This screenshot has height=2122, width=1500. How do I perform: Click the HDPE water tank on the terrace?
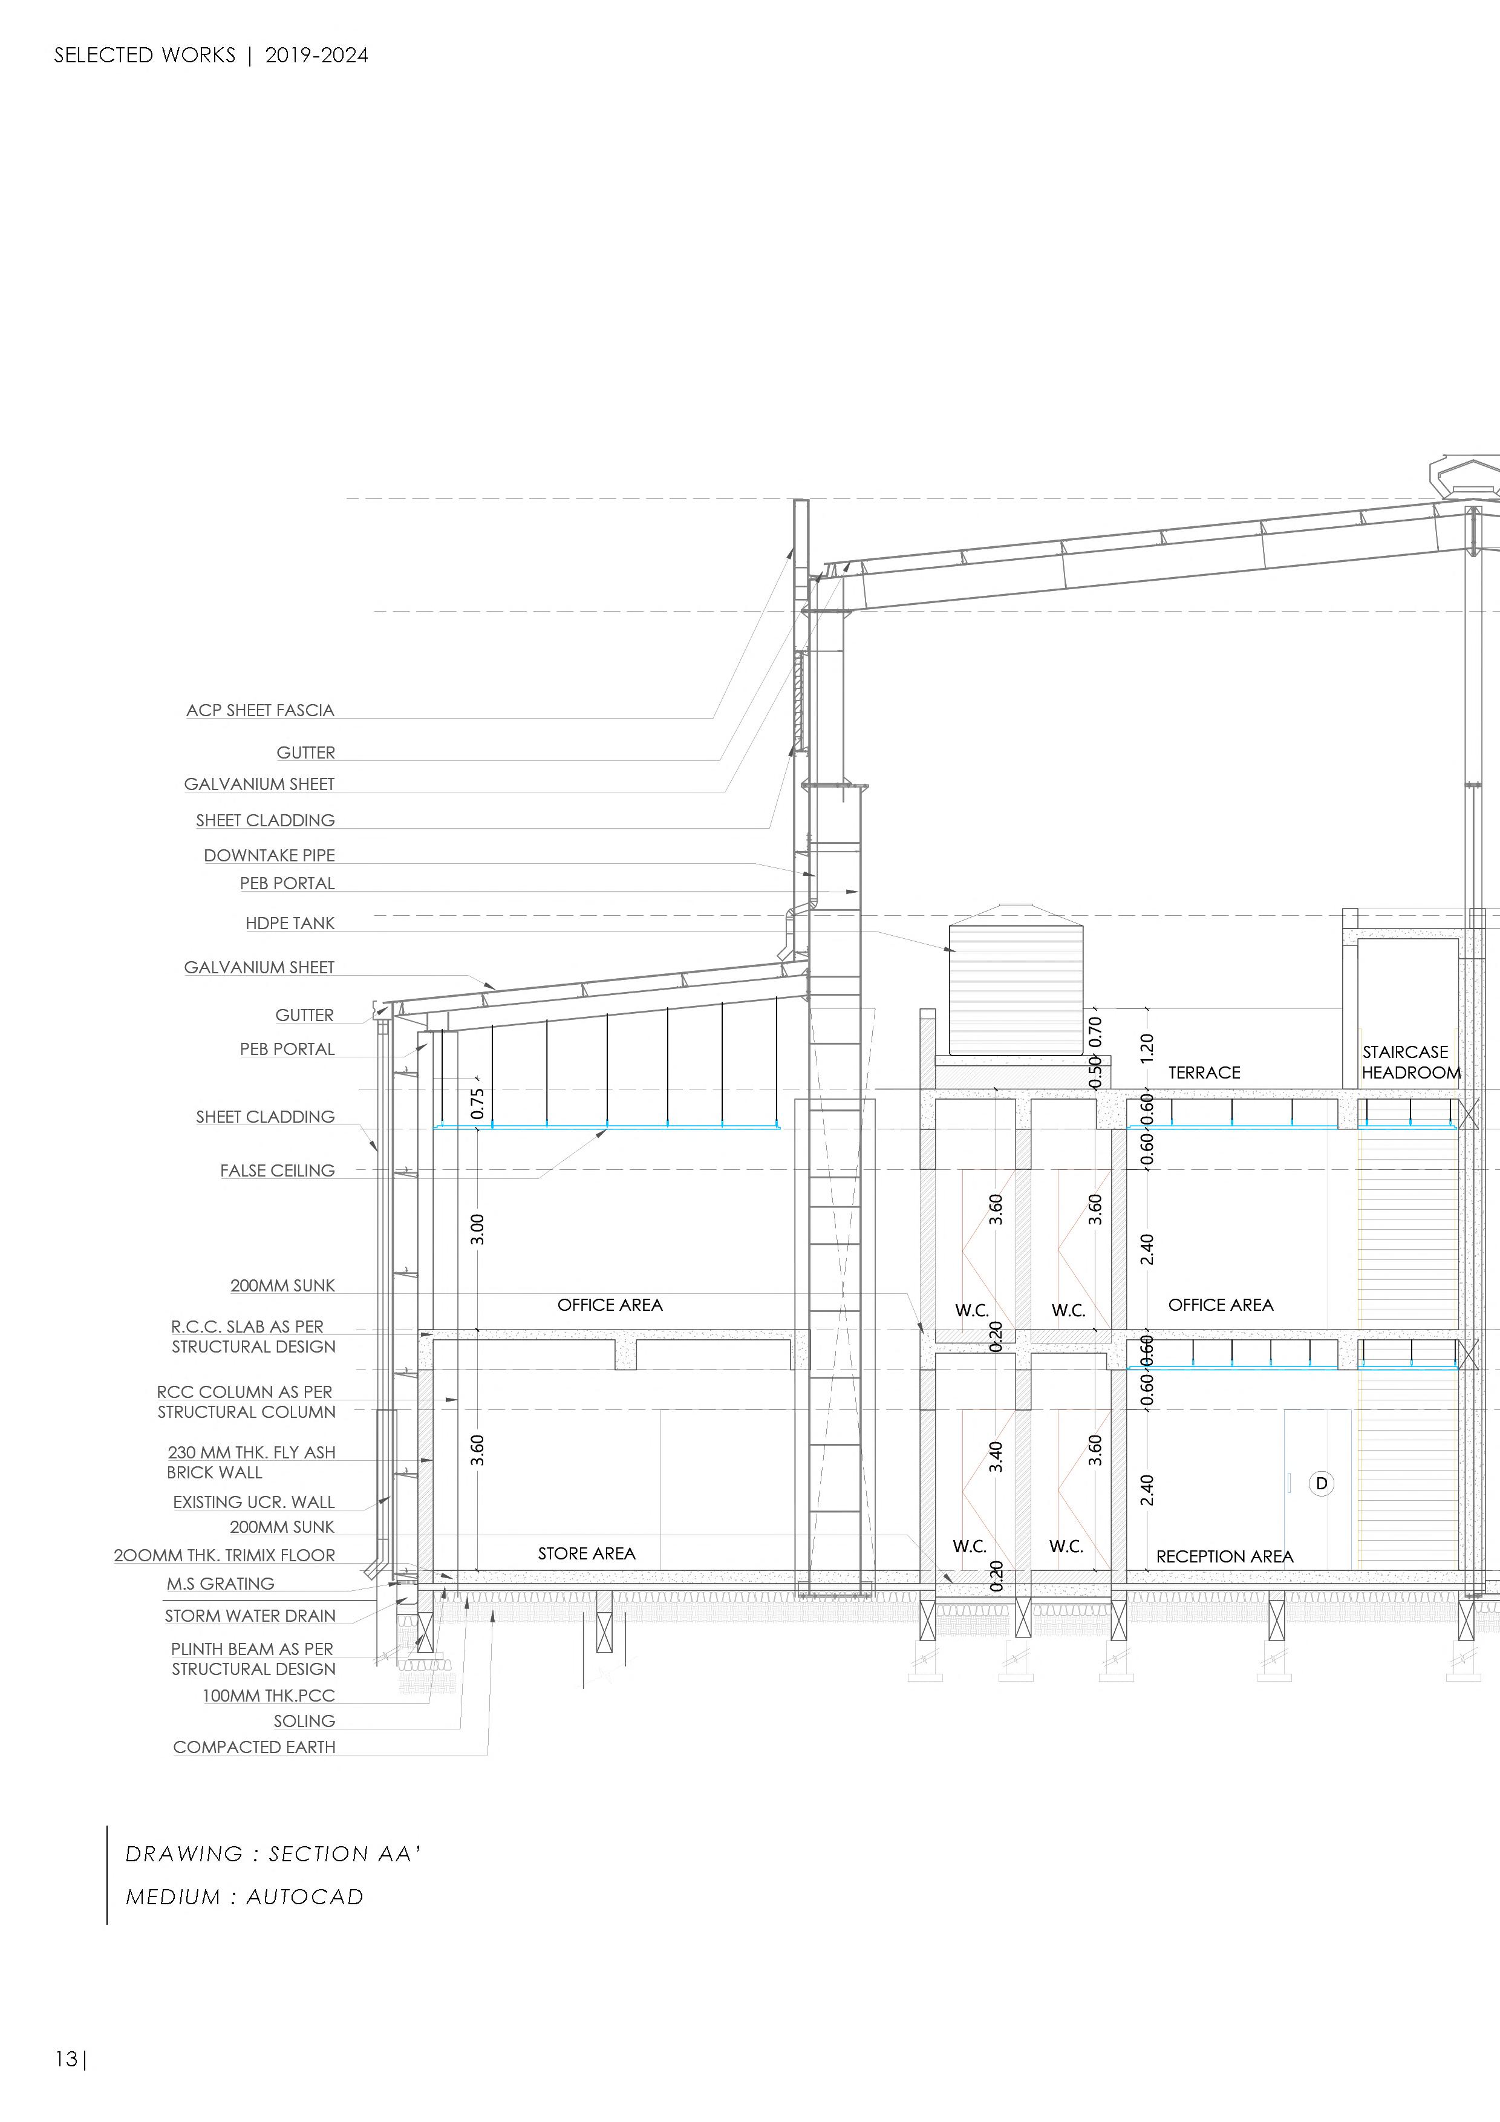[1016, 989]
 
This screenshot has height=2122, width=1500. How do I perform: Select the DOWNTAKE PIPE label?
[269, 855]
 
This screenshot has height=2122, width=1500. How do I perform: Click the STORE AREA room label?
[586, 1553]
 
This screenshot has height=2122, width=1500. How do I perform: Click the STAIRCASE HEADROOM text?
[1410, 1062]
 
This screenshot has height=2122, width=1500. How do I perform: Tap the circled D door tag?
[1321, 1483]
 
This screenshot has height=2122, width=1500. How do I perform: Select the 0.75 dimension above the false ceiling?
[477, 1103]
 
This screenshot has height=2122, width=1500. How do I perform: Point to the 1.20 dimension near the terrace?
[1147, 1046]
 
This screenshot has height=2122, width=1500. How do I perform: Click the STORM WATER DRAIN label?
[250, 1616]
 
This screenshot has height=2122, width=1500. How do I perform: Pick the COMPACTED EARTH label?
[254, 1747]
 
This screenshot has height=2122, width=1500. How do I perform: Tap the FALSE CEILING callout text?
[277, 1170]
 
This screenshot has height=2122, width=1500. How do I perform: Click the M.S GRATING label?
[220, 1583]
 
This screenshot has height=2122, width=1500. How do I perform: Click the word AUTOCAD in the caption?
[304, 1896]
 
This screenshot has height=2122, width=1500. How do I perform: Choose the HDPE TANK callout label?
[289, 922]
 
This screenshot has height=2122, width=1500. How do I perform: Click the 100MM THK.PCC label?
[268, 1695]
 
